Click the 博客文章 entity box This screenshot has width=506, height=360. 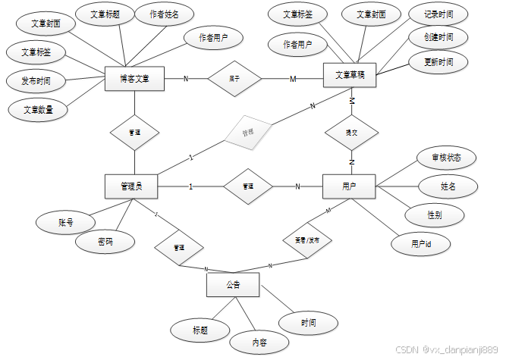134,78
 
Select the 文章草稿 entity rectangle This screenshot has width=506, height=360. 350,74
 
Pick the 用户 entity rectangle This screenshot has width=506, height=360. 349,186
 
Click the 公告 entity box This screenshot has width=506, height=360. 233,286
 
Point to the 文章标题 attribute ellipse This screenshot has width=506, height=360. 105,14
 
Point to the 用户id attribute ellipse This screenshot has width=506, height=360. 420,244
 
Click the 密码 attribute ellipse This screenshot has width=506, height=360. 105,242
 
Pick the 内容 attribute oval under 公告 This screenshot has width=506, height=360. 259,343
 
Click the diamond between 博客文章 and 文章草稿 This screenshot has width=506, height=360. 234,78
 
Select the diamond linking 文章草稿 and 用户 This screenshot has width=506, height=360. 351,132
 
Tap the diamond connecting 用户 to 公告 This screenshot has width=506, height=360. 301,240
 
